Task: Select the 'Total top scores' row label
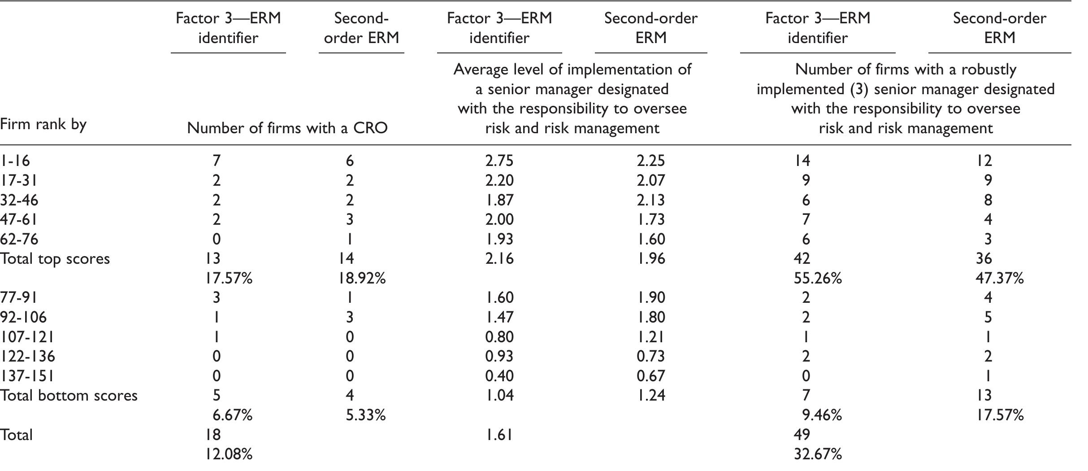(55, 259)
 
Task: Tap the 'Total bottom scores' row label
(69, 395)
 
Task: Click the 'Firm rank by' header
(43, 124)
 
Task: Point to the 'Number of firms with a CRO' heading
(287, 128)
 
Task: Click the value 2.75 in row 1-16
(499, 161)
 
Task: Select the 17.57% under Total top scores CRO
(229, 279)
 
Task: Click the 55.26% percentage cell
(817, 279)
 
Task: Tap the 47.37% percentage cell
(999, 279)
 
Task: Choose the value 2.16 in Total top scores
(499, 259)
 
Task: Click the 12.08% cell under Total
(229, 454)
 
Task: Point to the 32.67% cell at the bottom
(817, 454)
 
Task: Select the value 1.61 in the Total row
(499, 435)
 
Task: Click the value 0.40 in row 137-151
(499, 376)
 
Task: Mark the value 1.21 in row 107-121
(650, 337)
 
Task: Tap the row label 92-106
(23, 318)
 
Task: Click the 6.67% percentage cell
(232, 415)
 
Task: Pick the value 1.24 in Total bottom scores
(650, 395)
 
